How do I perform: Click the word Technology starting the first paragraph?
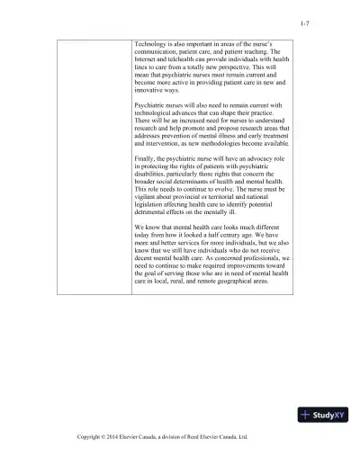coord(149,43)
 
